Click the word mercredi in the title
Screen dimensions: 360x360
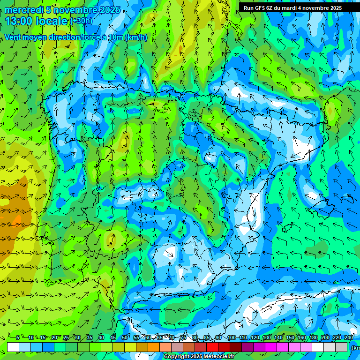pos(24,10)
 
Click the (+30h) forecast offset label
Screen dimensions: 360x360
pos(81,21)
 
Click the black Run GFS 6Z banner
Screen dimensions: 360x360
pos(299,8)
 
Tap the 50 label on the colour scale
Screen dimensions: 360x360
pos(124,338)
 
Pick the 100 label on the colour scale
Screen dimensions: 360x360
pos(231,338)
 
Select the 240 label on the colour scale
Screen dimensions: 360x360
pos(348,338)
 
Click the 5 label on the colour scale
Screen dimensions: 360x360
pos(18,338)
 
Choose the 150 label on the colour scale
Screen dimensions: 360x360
pos(290,338)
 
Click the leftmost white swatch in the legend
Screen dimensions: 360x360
pos(13,347)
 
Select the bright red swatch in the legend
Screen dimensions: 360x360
pos(212,347)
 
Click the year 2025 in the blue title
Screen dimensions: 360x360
pos(109,10)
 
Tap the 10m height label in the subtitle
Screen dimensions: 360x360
pos(116,37)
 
